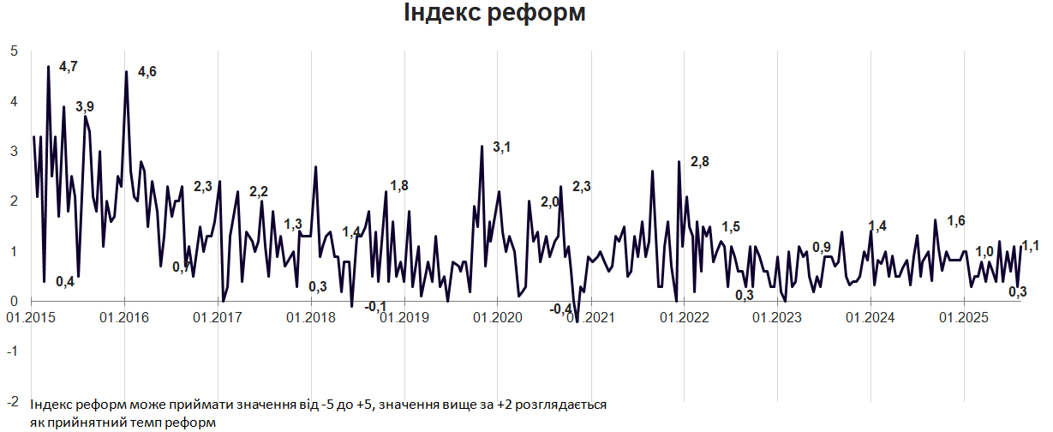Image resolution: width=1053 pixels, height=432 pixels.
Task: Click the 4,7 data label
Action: pyautogui.click(x=69, y=67)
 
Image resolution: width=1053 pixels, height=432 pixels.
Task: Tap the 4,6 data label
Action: pyautogui.click(x=147, y=72)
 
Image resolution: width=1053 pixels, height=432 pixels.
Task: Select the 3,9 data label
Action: pyautogui.click(x=85, y=107)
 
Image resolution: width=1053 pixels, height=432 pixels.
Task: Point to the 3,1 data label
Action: pyautogui.click(x=501, y=147)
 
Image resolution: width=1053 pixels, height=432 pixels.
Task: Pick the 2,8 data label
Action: pyautogui.click(x=699, y=162)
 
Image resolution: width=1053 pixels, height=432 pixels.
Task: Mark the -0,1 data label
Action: pyautogui.click(x=375, y=306)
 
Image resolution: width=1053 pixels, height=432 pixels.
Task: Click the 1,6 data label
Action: pyautogui.click(x=956, y=220)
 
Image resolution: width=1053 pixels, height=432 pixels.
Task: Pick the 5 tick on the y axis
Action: pyautogui.click(x=14, y=51)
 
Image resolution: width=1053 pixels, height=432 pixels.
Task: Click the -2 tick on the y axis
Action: pyautogui.click(x=12, y=401)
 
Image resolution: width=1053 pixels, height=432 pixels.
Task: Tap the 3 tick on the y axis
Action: pyautogui.click(x=14, y=151)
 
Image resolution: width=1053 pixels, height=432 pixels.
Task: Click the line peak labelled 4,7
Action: pyautogui.click(x=49, y=67)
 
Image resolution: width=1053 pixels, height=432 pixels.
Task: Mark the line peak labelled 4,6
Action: pyautogui.click(x=126, y=72)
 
